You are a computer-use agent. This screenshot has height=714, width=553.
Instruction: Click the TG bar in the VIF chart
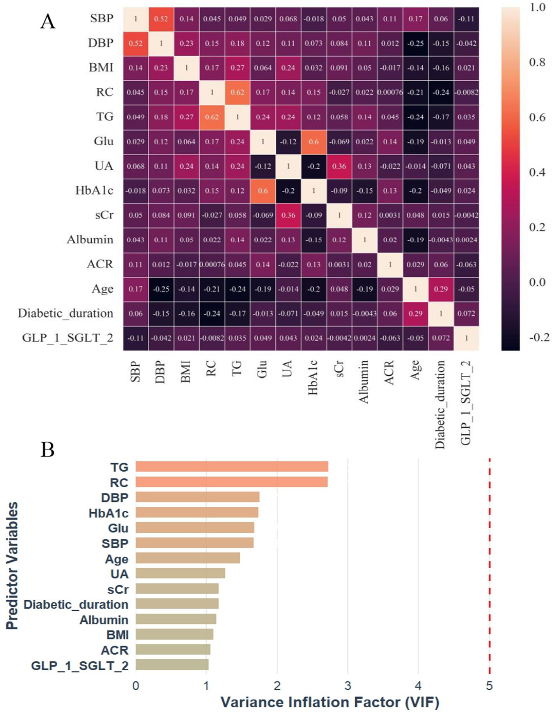(232, 467)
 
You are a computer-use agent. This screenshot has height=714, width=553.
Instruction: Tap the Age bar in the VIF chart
(188, 558)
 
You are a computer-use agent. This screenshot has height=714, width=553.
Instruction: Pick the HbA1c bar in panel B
(197, 512)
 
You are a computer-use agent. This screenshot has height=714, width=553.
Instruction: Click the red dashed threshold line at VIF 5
(489, 566)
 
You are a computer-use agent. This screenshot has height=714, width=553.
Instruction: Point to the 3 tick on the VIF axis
(347, 686)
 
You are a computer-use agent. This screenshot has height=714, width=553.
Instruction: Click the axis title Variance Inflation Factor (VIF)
(330, 702)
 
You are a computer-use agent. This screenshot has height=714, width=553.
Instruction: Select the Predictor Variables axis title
(12, 566)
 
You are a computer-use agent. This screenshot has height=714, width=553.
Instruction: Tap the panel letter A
(48, 21)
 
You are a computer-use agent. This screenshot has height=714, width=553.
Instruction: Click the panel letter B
(48, 449)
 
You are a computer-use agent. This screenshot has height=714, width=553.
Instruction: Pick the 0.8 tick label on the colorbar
(537, 62)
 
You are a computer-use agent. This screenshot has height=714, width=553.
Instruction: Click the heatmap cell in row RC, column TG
(237, 92)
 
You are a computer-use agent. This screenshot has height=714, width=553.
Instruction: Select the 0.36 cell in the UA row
(339, 166)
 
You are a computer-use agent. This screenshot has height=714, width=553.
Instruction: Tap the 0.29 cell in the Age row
(441, 289)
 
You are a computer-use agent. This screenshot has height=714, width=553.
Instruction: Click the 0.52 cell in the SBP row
(161, 19)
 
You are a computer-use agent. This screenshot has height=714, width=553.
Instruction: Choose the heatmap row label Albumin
(90, 240)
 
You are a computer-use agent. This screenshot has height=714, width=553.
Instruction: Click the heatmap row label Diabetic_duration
(66, 313)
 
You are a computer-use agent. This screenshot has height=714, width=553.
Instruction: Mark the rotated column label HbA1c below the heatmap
(313, 378)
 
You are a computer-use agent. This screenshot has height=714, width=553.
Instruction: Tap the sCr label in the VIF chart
(118, 589)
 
